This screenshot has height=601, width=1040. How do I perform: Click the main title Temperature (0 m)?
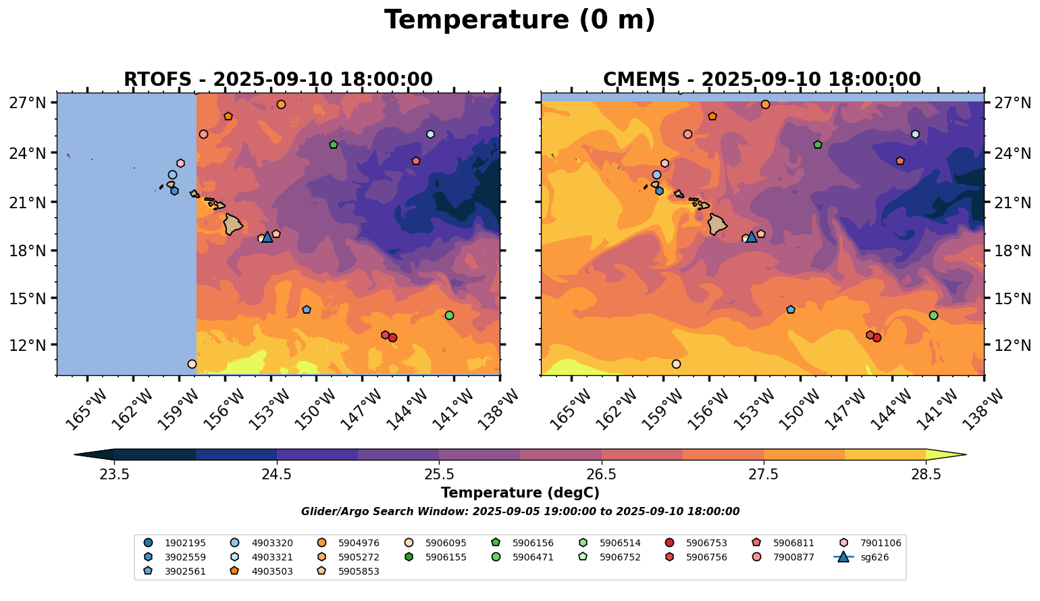[x=519, y=20]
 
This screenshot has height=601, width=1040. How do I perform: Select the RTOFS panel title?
[x=278, y=80]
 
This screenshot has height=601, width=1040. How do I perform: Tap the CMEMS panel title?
[x=762, y=80]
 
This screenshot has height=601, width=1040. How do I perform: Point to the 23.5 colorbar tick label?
[x=114, y=474]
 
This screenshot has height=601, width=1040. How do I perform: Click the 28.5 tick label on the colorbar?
[x=926, y=474]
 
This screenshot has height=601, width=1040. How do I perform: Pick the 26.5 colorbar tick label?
[x=601, y=474]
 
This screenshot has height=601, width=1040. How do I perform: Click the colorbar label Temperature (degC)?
[x=520, y=493]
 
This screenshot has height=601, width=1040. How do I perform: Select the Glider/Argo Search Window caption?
[x=520, y=512]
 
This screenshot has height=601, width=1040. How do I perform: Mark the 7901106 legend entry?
[x=870, y=543]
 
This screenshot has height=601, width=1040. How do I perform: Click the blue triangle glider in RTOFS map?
[x=267, y=237]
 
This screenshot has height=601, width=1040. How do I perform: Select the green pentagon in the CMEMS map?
[x=818, y=145]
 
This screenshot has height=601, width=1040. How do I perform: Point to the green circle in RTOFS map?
[x=449, y=316]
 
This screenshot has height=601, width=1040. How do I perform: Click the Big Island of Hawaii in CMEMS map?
[x=717, y=224]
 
